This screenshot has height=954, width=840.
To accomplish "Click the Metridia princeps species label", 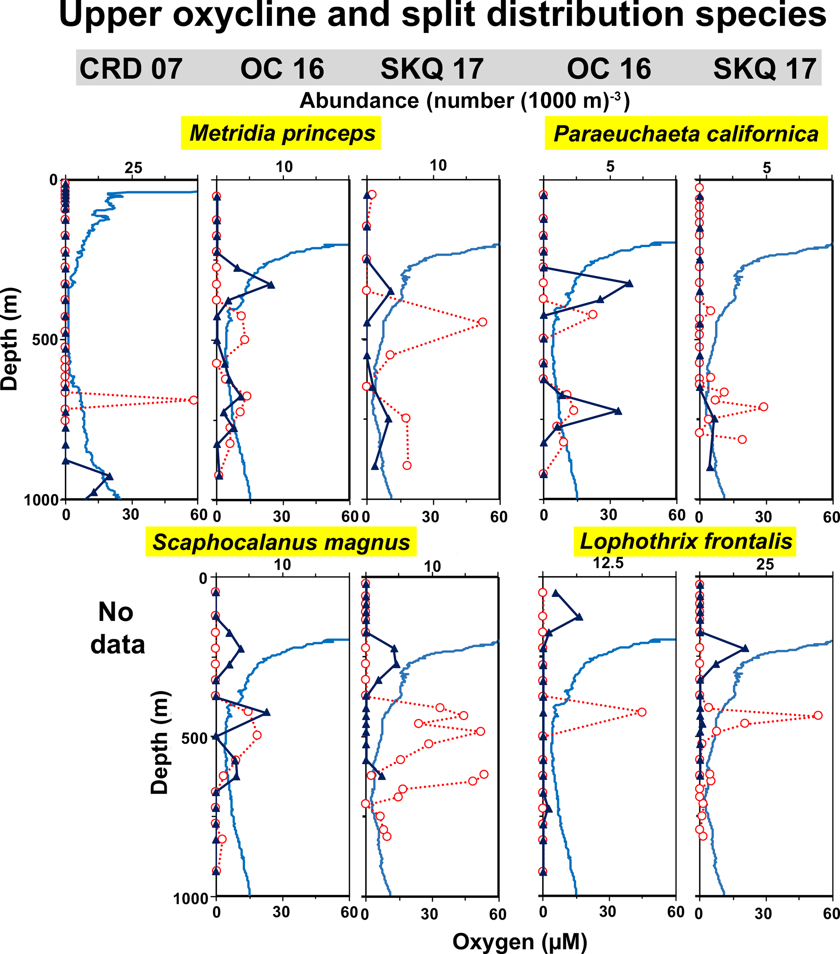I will coord(281,133).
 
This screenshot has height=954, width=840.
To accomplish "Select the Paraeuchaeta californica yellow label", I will coord(686,133).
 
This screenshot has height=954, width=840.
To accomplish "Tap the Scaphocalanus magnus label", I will coord(281,542).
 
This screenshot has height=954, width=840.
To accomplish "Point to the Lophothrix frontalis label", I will coord(686,541).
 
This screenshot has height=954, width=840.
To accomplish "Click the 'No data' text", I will coord(117,628).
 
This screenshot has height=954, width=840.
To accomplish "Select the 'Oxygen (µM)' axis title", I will coord(520,941).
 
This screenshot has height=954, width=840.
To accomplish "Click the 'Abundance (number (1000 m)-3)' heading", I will coord(464,100).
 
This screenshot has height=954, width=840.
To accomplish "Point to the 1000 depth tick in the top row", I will coord(41,500).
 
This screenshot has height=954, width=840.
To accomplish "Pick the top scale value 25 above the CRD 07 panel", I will coord(133,168).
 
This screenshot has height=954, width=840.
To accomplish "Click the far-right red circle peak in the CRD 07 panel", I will coord(193,400).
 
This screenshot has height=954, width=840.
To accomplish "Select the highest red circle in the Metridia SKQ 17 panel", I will coord(372,195).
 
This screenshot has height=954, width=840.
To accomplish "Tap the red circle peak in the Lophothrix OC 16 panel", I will coord(642,712).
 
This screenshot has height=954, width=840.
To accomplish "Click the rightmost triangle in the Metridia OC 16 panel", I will coord(271,285).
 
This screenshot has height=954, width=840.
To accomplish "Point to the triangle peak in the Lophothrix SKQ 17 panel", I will coord(745,648).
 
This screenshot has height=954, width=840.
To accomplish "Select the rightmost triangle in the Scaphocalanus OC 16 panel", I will coord(266,712).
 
